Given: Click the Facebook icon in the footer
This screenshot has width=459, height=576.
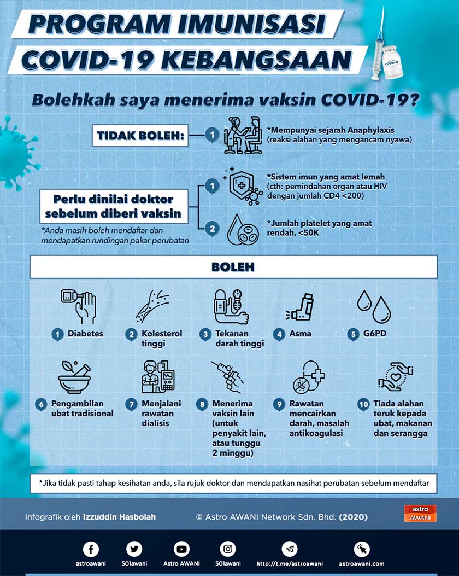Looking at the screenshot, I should [91, 549].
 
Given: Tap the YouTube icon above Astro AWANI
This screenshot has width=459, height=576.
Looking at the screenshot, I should [181, 549].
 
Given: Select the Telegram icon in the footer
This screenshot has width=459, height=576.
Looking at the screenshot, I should [290, 549].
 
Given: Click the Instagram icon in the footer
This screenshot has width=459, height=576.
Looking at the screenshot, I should [228, 549].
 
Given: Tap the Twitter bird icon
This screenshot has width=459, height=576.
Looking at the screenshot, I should [134, 549].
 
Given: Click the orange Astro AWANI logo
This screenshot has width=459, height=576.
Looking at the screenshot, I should [420, 513].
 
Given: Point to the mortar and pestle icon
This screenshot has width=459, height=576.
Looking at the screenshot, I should [75, 376].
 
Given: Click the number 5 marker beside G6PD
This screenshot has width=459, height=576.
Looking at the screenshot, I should [354, 334].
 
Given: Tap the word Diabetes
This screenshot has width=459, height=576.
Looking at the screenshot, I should [85, 333].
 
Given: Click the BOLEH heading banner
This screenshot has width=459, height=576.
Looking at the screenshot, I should [233, 267].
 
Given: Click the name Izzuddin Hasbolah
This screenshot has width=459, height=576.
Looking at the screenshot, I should [119, 516].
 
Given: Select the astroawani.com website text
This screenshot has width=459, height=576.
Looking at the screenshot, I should [361, 563].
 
